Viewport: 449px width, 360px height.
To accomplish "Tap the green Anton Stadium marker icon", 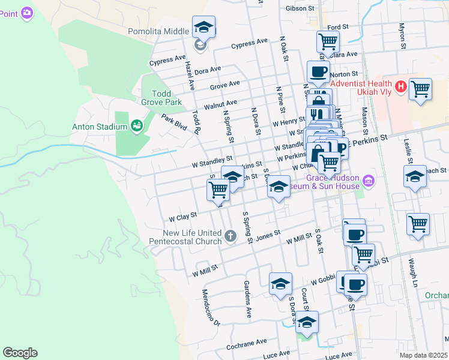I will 137,126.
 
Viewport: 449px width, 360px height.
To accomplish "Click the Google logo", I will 20,353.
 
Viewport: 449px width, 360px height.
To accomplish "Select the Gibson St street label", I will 300,8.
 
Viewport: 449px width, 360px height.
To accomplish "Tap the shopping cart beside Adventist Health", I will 420,89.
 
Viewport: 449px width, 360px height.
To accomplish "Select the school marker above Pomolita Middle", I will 204,28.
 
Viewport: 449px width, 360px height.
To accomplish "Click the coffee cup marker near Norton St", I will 318,72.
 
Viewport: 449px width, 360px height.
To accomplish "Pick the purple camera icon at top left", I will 26,12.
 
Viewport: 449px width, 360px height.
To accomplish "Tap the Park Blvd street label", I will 174,122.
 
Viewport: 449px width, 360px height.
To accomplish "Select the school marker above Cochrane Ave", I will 307,323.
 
